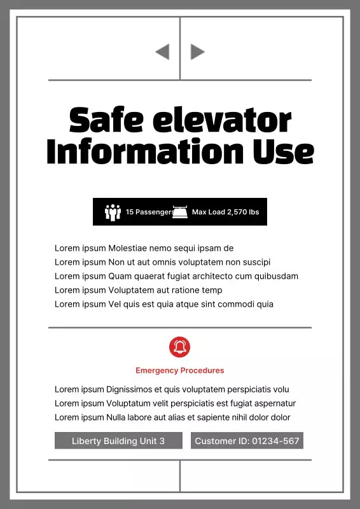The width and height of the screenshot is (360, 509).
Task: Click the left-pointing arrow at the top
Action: [x=162, y=52]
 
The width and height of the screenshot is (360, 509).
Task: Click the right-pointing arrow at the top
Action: [x=198, y=52]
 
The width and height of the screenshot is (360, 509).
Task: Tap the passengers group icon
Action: [x=113, y=212]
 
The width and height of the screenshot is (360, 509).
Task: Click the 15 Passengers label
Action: [x=149, y=212]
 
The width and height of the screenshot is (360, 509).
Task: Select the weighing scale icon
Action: [x=180, y=212]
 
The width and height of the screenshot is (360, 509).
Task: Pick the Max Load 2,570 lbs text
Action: [x=225, y=212]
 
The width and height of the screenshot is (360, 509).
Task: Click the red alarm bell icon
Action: [x=180, y=347]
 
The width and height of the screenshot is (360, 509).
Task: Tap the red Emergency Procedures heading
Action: [x=180, y=370]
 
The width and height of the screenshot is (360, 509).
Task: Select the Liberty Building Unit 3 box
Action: [x=118, y=441]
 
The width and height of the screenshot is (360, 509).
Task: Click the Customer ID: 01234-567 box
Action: [x=247, y=441]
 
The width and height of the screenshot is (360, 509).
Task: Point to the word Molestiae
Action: [x=128, y=248]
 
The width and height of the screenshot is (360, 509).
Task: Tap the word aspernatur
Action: [x=274, y=403]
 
